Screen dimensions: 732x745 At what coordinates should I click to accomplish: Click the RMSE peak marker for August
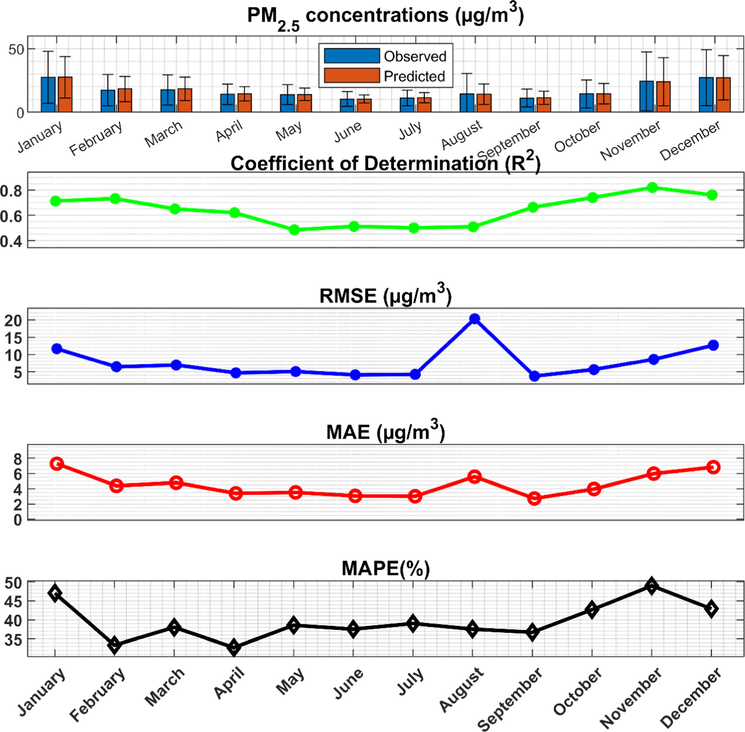(475, 319)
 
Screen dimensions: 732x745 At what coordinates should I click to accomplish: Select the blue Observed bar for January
(48, 95)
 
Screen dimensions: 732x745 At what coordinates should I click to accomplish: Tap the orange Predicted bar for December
(723, 95)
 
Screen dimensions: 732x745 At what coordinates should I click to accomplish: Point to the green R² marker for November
(652, 188)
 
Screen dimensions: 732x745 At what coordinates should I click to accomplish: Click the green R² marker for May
(294, 230)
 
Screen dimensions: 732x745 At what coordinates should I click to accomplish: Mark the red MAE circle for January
(56, 463)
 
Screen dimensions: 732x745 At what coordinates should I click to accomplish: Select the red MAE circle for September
(534, 499)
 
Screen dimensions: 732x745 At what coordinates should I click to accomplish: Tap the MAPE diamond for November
(651, 586)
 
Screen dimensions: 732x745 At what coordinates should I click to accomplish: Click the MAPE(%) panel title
(385, 569)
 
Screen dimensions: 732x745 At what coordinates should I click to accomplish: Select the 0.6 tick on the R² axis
(11, 216)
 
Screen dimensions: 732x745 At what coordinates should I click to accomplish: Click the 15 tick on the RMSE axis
(13, 338)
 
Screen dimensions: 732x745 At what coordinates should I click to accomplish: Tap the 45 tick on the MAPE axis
(13, 602)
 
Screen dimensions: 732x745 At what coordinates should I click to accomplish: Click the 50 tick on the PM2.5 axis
(16, 50)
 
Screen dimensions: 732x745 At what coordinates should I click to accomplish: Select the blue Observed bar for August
(467, 103)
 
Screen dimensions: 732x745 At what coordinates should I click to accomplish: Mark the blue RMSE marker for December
(713, 345)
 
